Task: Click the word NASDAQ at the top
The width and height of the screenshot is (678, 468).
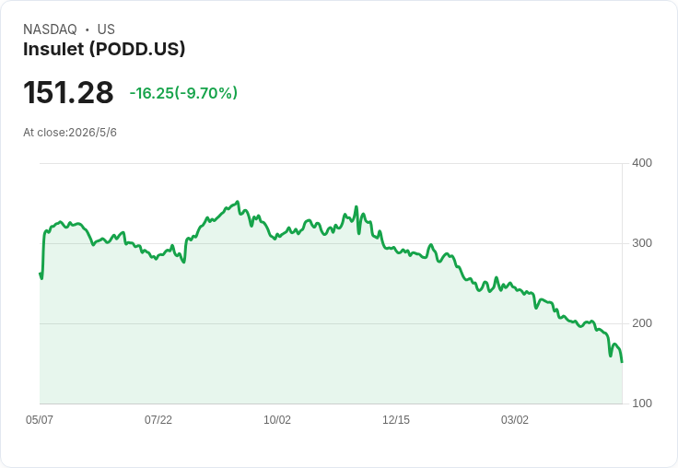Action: pos(50,29)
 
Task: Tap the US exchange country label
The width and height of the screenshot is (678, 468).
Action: pos(106,29)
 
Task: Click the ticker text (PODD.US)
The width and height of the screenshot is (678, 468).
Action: pos(137,49)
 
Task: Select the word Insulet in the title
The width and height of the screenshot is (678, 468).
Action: pos(53,49)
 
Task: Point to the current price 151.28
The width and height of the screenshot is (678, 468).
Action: pos(68,92)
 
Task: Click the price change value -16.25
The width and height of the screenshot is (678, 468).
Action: pos(151,93)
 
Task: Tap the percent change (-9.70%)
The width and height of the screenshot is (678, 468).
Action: pos(205,93)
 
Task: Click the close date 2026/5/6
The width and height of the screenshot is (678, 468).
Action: pos(92,133)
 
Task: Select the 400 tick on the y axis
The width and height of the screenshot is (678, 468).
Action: pos(642,163)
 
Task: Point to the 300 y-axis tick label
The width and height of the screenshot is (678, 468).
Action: pos(642,243)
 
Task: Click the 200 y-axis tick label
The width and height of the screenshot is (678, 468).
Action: pos(642,323)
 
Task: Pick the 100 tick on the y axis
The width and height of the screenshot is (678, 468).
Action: pos(642,404)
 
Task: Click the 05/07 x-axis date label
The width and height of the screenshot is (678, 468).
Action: pos(40,420)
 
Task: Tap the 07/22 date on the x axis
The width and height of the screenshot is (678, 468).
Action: pos(158,420)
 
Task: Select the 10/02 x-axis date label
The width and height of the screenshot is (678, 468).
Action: pos(277,420)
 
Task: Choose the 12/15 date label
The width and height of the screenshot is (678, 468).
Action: pos(396,420)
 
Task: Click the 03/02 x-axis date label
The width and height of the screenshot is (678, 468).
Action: pos(515,420)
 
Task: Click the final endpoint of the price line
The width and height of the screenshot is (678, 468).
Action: pos(622,362)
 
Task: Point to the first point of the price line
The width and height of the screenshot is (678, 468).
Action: pos(41,274)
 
